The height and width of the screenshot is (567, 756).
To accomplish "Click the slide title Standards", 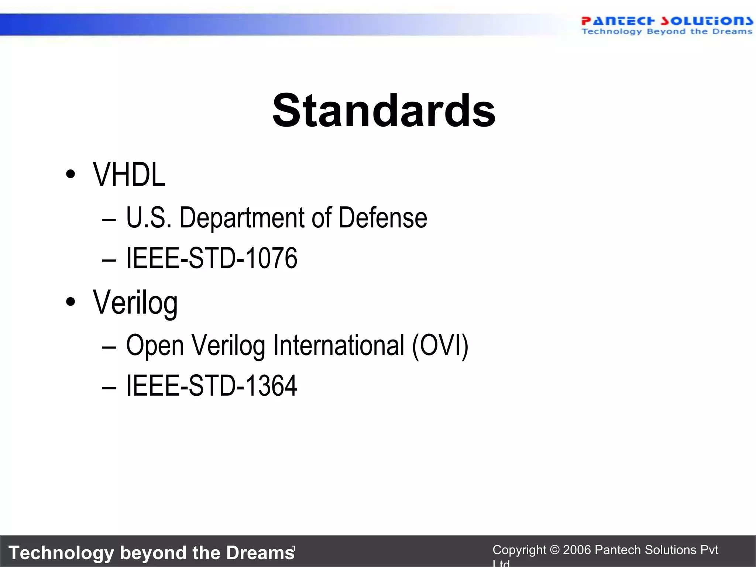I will (x=384, y=111).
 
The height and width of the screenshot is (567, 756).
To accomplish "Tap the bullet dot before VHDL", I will (x=70, y=174).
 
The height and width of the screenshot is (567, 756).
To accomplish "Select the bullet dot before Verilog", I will (x=70, y=302).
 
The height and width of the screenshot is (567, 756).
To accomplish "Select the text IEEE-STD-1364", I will (x=212, y=385).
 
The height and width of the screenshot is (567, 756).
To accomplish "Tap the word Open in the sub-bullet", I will (x=155, y=346).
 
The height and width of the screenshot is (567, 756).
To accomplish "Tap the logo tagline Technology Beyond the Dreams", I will (x=667, y=31).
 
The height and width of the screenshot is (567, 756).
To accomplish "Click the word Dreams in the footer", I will (x=260, y=553).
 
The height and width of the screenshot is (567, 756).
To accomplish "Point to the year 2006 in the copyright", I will (x=577, y=550).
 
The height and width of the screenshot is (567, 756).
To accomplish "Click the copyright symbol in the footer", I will (x=554, y=550).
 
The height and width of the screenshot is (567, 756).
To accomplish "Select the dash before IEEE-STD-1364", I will (x=109, y=388).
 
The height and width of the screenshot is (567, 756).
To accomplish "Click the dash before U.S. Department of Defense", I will (x=109, y=220).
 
